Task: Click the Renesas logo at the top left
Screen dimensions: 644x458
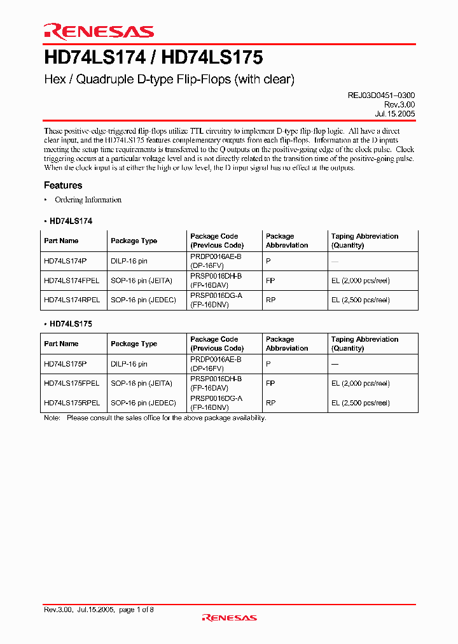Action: point(99,32)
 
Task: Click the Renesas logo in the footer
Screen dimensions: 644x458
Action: point(229,617)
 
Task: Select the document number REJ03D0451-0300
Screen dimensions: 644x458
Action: point(381,95)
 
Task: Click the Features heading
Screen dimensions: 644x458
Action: point(63,185)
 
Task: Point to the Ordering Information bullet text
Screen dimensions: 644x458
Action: point(88,200)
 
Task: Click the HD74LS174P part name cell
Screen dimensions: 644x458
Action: point(65,261)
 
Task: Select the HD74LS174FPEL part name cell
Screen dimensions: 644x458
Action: point(71,280)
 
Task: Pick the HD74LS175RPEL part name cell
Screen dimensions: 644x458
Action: point(72,403)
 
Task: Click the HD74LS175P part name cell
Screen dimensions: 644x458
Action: point(65,364)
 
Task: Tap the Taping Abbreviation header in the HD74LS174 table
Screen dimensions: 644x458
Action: point(364,236)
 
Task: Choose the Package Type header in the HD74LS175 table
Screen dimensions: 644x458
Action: point(134,344)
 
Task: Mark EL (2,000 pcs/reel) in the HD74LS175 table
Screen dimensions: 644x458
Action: point(360,383)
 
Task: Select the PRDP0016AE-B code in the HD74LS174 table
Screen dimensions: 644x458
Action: point(216,256)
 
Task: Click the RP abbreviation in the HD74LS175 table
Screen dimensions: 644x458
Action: point(270,403)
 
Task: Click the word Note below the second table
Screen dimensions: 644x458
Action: point(52,418)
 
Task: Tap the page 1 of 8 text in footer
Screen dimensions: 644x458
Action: point(136,610)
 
